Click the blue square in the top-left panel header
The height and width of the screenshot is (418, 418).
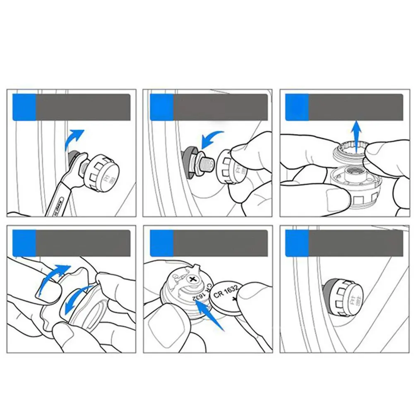click(24, 107)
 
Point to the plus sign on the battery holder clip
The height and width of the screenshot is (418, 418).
click(192, 279)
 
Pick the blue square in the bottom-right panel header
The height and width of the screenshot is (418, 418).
click(297, 244)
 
